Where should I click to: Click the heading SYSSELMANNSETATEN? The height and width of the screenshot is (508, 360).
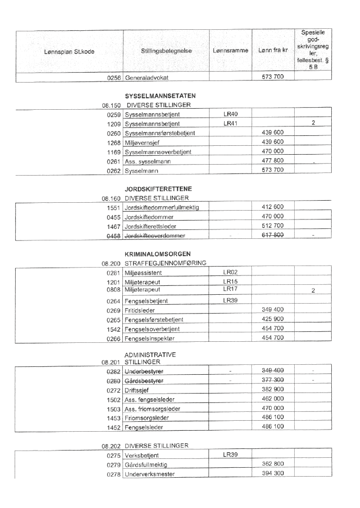point(160,96)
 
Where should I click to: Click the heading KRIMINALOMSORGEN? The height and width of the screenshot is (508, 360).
point(159,254)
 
